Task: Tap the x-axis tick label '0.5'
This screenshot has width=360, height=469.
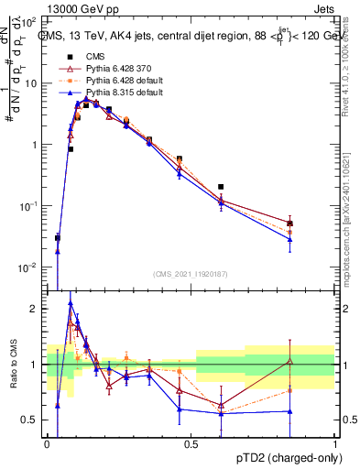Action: tap(191, 444)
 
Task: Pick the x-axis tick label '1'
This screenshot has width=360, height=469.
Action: tap(335, 444)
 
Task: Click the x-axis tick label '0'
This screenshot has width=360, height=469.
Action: tap(48, 444)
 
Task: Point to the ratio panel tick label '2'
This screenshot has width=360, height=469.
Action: tap(35, 309)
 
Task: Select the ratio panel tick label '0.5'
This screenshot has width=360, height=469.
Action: tap(30, 420)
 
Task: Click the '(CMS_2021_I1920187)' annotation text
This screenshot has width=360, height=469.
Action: tap(191, 274)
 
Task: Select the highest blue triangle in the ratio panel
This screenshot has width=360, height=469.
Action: tap(71, 303)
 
